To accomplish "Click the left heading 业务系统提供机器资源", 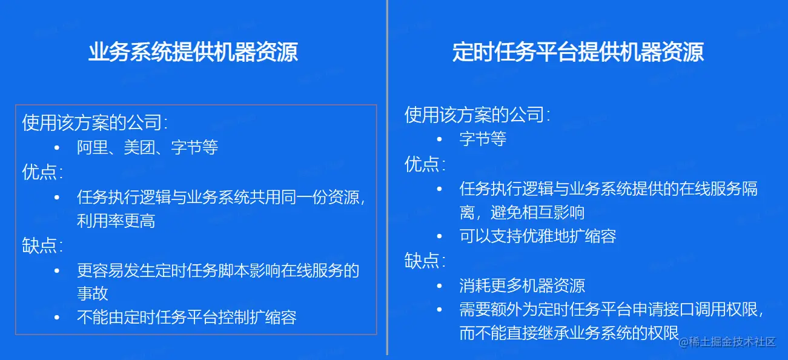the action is click(x=193, y=52).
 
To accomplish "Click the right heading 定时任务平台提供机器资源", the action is click(x=578, y=52).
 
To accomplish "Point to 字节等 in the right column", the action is click(x=483, y=139).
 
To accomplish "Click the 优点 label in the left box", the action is click(x=39, y=172).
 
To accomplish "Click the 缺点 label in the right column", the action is click(x=422, y=261).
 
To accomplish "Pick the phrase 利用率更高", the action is click(x=116, y=221).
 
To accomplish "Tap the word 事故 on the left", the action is click(x=93, y=293).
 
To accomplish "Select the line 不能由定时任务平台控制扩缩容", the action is click(x=187, y=318).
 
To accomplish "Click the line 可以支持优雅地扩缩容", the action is click(x=538, y=236).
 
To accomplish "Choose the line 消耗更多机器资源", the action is click(x=522, y=285).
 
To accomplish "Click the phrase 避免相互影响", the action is click(x=537, y=213).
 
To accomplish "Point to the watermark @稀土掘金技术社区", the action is click(x=727, y=342).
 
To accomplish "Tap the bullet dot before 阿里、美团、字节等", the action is click(x=57, y=148).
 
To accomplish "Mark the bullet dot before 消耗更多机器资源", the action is click(x=439, y=286).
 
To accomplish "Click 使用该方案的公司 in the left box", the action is click(x=92, y=122).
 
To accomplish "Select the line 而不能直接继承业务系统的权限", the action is click(x=569, y=333).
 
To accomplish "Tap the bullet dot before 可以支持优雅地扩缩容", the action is click(x=439, y=236).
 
